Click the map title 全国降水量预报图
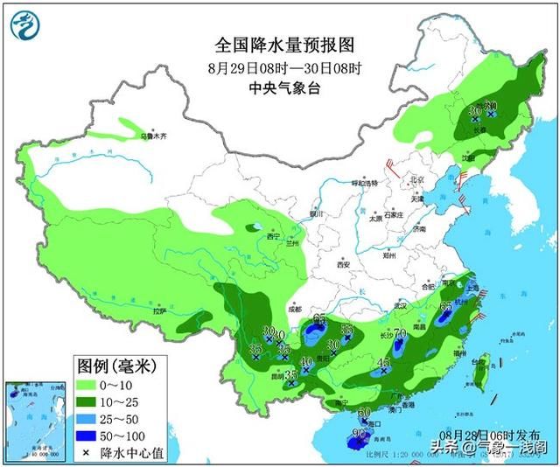point(277,44)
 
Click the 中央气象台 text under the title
point(278,87)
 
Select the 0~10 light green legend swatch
point(86,384)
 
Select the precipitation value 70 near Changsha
point(400,333)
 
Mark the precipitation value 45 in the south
point(382,362)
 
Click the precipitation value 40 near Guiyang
point(306,362)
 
